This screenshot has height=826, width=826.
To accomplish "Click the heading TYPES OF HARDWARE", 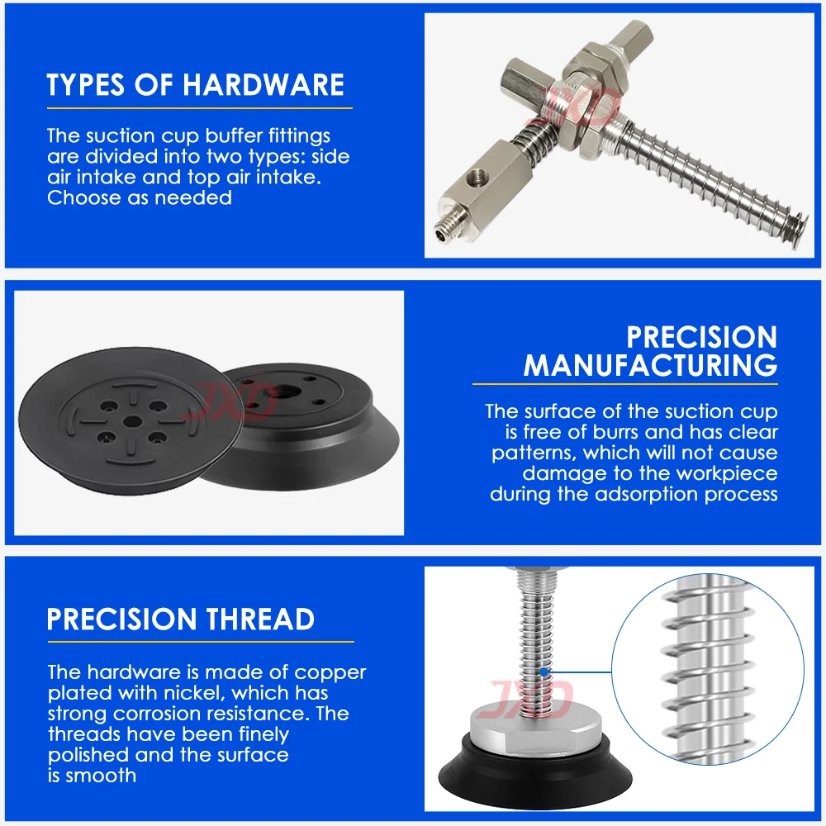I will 195,84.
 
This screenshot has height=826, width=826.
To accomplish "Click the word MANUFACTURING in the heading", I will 651,365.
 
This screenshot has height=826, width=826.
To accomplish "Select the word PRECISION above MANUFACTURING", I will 702,337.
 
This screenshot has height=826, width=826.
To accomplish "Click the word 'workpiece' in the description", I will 727,473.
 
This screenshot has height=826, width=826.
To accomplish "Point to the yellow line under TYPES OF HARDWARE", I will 199,108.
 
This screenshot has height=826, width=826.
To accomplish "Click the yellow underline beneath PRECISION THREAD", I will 200,642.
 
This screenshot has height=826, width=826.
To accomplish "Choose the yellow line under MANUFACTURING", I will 625,384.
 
